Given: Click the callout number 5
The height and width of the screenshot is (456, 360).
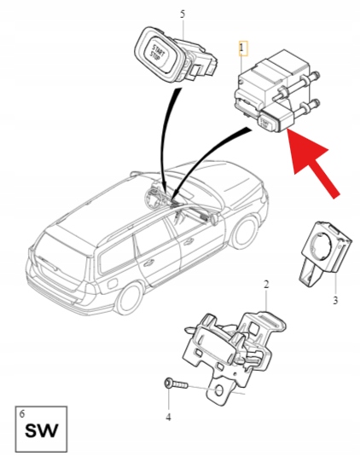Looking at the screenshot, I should click(182, 14).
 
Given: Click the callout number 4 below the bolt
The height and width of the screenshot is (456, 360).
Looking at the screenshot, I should click(168, 417).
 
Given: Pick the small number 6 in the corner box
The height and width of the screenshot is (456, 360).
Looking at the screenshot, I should click(21, 413).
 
